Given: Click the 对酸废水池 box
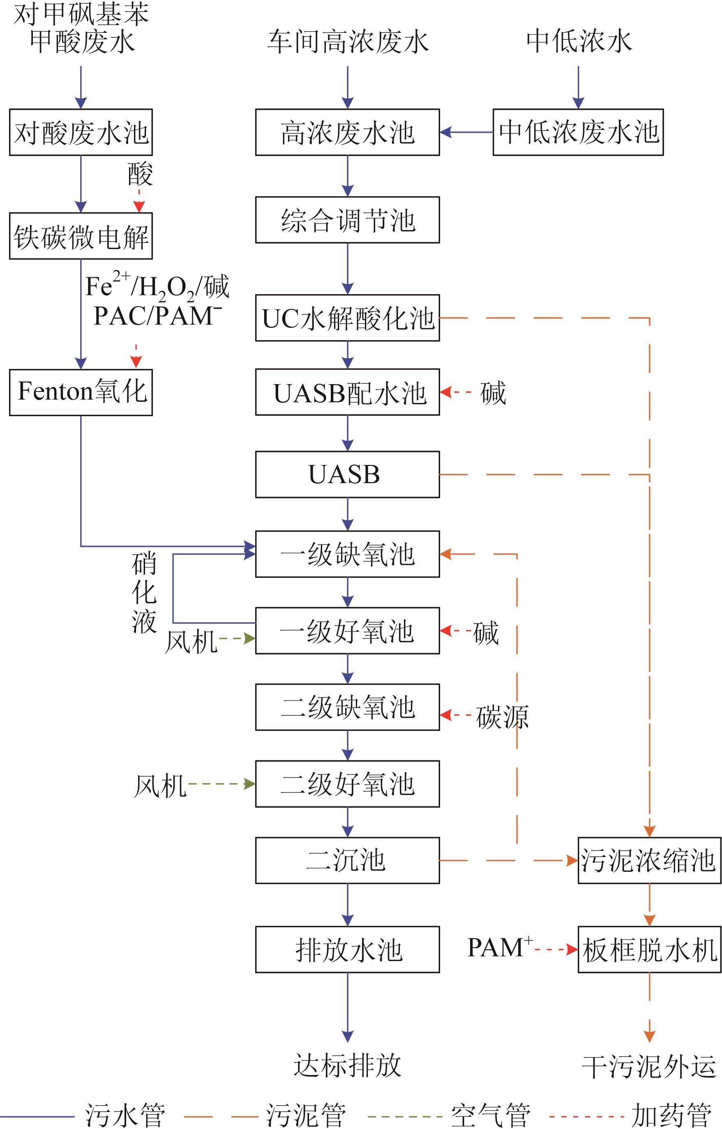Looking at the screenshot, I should click(81, 132).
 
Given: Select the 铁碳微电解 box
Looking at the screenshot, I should click(81, 236).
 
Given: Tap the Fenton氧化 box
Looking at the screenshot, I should click(81, 392).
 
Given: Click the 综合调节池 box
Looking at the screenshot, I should click(347, 220).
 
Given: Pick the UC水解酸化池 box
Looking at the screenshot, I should click(347, 318).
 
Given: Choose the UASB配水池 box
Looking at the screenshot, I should click(347, 392).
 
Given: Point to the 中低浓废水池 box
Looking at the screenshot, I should click(578, 132).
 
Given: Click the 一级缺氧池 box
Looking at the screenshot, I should click(347, 554).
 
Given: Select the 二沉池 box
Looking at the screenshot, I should click(347, 860).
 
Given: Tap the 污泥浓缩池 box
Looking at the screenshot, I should click(649, 860).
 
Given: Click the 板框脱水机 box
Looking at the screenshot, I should click(649, 949).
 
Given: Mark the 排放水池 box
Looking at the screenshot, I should click(347, 949).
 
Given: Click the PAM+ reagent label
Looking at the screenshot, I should click(500, 947).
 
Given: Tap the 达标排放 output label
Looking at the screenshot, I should click(347, 1065).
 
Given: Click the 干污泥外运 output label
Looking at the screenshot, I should click(649, 1066).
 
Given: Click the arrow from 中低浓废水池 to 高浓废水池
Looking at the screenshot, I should click(466, 132).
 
